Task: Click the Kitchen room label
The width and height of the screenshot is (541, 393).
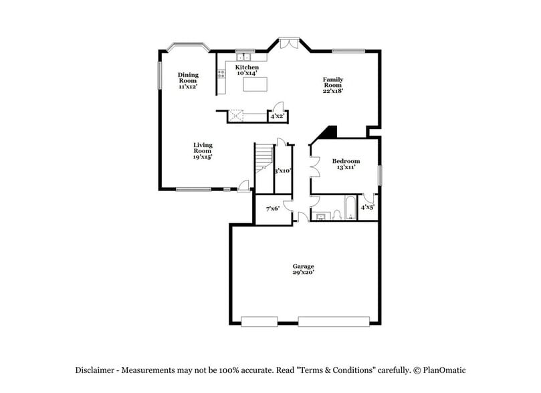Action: [246, 68]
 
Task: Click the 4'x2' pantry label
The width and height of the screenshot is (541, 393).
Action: [277, 116]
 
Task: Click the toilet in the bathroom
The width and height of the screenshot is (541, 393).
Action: [337, 215]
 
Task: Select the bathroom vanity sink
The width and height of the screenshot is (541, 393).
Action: [320, 216]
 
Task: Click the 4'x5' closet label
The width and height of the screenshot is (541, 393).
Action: [367, 208]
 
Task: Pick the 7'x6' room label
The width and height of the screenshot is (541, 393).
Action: [272, 209]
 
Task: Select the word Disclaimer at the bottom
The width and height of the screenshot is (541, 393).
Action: [98, 370]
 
